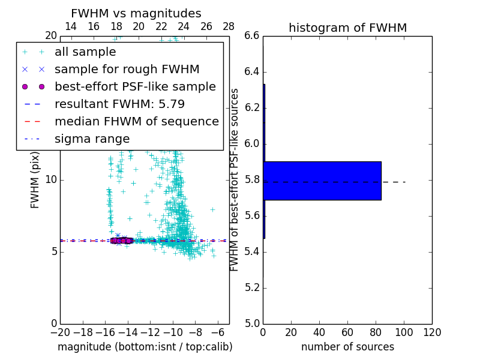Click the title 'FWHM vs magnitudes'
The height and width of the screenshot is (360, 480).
coord(136,13)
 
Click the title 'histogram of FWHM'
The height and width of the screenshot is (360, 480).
coord(347,28)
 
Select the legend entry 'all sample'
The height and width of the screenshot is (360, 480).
coord(85,52)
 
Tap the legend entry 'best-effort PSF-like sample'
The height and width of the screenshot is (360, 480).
coord(135,86)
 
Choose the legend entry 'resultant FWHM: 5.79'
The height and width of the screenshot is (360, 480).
coord(119,104)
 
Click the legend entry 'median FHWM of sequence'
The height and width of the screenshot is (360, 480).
coord(136,121)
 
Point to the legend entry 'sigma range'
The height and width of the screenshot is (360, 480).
coord(92,139)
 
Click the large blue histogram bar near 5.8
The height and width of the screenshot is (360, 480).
coord(322,181)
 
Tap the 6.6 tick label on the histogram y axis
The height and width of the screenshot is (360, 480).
coord(253,36)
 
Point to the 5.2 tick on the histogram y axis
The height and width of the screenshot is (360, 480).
coord(253,287)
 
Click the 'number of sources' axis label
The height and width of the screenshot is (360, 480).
coord(347,347)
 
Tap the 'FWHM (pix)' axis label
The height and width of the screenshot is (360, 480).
coord(35,180)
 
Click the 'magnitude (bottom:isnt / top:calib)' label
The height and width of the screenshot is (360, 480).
coord(145,347)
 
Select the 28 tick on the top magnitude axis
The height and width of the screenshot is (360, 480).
coord(229,26)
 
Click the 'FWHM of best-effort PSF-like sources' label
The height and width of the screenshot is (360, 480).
coord(235,180)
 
